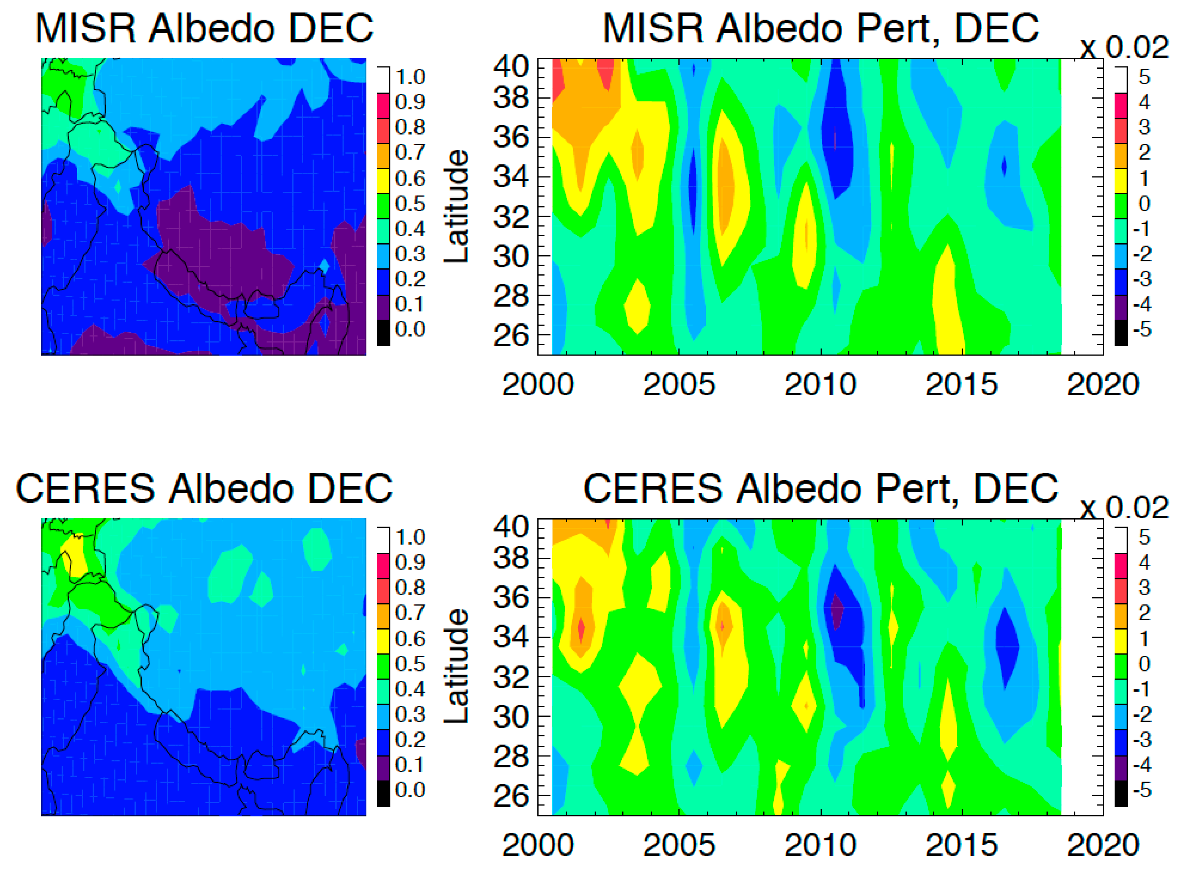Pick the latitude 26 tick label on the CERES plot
pyautogui.click(x=511, y=796)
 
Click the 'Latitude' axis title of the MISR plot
pyautogui.click(x=456, y=206)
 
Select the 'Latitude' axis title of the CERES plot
pyautogui.click(x=456, y=666)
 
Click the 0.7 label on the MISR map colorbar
pyautogui.click(x=410, y=152)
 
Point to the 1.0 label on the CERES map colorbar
pyautogui.click(x=410, y=537)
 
